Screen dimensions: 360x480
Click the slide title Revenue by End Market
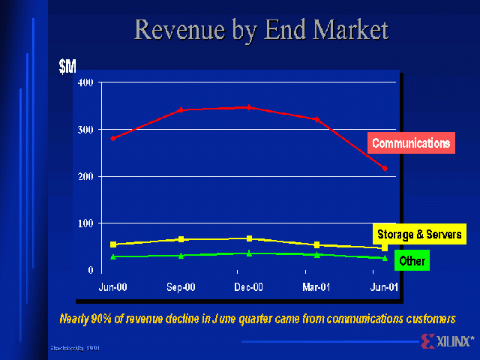pyautogui.click(x=261, y=29)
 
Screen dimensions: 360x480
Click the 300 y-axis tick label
pyautogui.click(x=85, y=130)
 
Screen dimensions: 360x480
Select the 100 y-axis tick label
pyautogui.click(x=85, y=223)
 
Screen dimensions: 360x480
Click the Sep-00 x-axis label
pyautogui.click(x=180, y=287)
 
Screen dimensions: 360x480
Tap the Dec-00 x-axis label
pyautogui.click(x=248, y=287)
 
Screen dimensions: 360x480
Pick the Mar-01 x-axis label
pyautogui.click(x=316, y=287)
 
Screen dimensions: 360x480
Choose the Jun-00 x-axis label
pyautogui.click(x=112, y=287)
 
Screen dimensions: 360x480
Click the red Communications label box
pyautogui.click(x=411, y=142)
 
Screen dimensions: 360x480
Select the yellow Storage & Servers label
pyautogui.click(x=419, y=234)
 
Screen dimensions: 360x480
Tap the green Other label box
pyautogui.click(x=412, y=261)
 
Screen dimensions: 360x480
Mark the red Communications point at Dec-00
pyautogui.click(x=249, y=107)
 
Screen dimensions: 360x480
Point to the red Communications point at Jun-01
pyautogui.click(x=385, y=168)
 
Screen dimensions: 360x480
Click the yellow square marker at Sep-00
pyautogui.click(x=181, y=239)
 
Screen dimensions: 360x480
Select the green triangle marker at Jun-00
pyautogui.click(x=113, y=256)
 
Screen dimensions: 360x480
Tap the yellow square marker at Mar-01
pyautogui.click(x=317, y=244)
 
